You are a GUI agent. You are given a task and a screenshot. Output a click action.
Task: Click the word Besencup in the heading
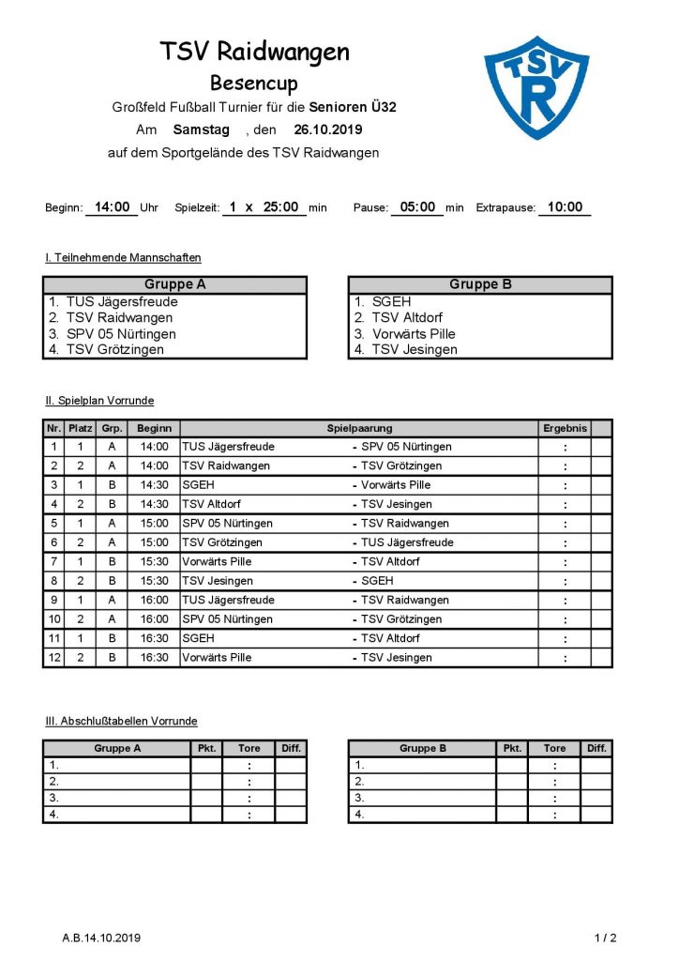(253, 84)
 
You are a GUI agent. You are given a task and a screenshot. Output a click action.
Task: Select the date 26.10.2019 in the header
(326, 130)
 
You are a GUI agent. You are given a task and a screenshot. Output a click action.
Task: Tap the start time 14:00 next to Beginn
(111, 207)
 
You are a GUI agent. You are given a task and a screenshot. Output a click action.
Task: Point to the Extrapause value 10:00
(565, 207)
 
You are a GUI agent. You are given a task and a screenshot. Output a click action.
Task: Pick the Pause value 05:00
(416, 207)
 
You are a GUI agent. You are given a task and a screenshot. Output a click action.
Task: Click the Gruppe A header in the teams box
(175, 285)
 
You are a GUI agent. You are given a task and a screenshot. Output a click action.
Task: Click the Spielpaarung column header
(359, 428)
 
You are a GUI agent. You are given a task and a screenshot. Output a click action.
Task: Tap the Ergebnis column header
(565, 428)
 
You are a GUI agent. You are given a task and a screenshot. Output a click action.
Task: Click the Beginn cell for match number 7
(154, 562)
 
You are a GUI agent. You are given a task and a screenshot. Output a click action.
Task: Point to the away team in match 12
(397, 658)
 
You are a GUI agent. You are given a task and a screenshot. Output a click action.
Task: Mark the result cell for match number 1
(565, 447)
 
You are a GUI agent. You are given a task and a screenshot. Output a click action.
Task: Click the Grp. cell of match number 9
(113, 601)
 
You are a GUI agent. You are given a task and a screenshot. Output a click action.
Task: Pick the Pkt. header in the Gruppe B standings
(512, 748)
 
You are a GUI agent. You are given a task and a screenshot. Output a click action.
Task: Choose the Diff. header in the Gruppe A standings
(291, 748)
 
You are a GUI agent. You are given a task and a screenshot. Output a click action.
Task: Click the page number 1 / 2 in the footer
(606, 938)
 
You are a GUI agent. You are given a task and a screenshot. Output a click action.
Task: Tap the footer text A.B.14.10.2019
(101, 938)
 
